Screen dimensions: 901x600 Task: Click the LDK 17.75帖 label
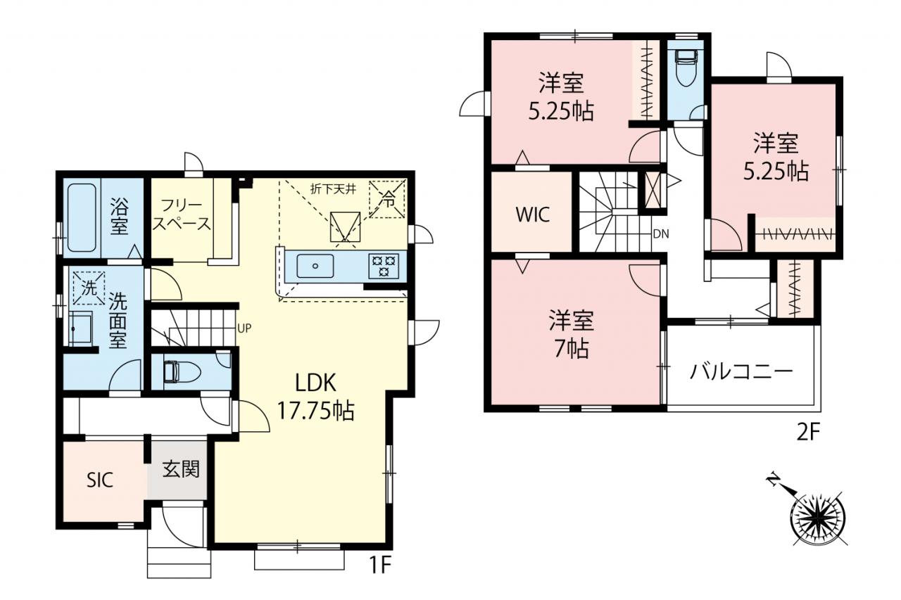pyautogui.click(x=316, y=397)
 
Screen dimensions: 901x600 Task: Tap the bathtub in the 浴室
pyautogui.click(x=82, y=218)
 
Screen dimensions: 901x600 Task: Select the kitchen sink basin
pyautogui.click(x=315, y=266)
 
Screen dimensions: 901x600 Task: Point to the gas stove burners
pyautogui.click(x=384, y=266)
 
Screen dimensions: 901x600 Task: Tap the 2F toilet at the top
pyautogui.click(x=688, y=68)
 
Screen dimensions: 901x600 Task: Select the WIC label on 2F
pyautogui.click(x=533, y=215)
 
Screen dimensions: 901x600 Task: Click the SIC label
pyautogui.click(x=100, y=480)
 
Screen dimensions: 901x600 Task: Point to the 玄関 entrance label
pyautogui.click(x=181, y=469)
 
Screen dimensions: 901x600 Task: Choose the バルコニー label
pyautogui.click(x=741, y=371)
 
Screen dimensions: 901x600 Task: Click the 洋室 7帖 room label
pyautogui.click(x=572, y=334)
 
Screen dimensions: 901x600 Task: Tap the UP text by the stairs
pyautogui.click(x=244, y=328)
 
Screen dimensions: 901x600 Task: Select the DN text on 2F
pyautogui.click(x=661, y=234)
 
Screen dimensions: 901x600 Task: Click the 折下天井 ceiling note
pyautogui.click(x=333, y=189)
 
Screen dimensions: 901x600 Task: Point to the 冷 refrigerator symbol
pyautogui.click(x=387, y=199)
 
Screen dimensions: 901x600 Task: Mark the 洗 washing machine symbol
pyautogui.click(x=89, y=288)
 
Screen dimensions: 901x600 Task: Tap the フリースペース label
pyautogui.click(x=182, y=215)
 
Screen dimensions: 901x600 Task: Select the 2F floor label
pyautogui.click(x=807, y=433)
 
